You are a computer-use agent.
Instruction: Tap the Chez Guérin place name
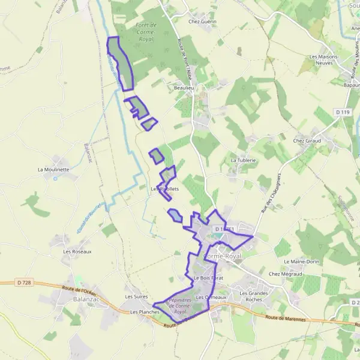point(202,22)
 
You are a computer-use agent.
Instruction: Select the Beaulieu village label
point(185,88)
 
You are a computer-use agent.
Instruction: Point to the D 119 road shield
point(343,112)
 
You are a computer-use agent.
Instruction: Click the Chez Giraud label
point(307,140)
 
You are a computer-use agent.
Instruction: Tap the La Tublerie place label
point(244,161)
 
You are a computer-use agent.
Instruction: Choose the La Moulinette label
point(53,169)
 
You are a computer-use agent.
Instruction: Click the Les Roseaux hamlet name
point(77,251)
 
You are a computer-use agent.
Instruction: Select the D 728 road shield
point(24,283)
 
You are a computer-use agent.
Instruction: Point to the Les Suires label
point(136,296)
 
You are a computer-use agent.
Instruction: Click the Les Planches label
point(145,312)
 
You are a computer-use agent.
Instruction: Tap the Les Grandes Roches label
point(251,296)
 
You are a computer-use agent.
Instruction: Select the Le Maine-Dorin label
point(301,262)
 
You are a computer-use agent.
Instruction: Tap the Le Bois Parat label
point(208,278)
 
